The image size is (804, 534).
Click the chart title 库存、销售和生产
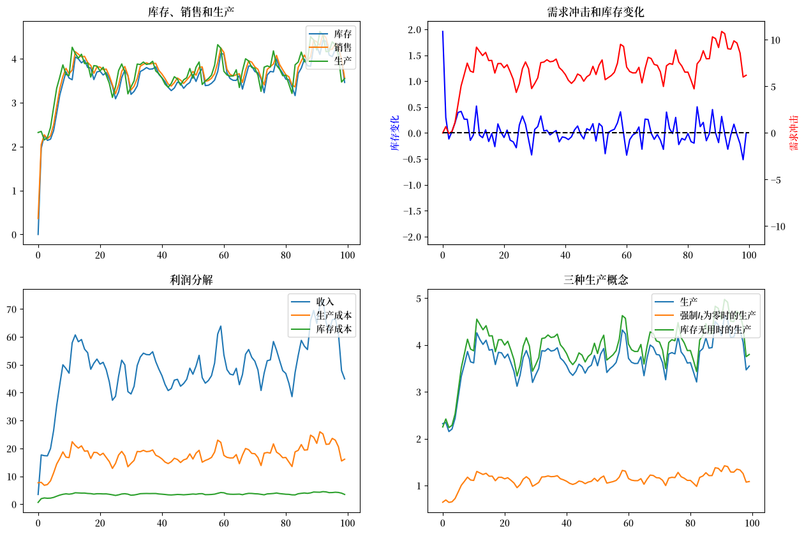coord(191,12)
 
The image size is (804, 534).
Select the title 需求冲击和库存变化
coord(595,12)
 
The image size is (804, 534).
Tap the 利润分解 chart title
coord(191,279)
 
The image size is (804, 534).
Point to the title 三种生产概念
coord(595,279)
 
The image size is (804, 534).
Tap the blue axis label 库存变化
coord(395,133)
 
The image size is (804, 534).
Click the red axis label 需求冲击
coord(793,133)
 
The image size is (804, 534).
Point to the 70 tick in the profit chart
coord(11,309)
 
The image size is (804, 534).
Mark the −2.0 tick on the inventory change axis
coord(412,237)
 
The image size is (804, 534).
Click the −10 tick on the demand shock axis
coord(777,227)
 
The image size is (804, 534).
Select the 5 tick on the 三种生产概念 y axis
coord(419,299)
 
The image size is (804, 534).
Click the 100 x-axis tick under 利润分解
coord(347,523)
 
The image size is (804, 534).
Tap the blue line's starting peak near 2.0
coord(443,31)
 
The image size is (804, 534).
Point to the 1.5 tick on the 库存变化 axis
coord(415,56)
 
